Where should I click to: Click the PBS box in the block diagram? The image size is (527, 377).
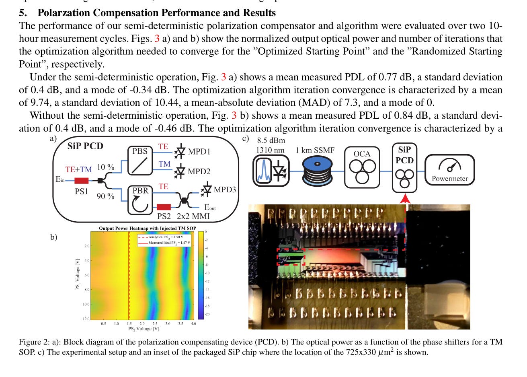click(140, 161)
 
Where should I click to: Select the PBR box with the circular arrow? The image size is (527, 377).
click(140, 200)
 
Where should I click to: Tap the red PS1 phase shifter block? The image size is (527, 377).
click(82, 181)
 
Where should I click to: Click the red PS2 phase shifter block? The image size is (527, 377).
click(164, 207)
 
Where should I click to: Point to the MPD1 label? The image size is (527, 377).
click(199, 152)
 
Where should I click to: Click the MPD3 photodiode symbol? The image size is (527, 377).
click(207, 189)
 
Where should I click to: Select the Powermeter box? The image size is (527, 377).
click(449, 170)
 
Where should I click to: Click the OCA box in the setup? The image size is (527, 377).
click(362, 167)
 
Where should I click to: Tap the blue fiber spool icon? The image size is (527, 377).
click(318, 171)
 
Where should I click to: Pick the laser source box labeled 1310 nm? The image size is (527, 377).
click(271, 171)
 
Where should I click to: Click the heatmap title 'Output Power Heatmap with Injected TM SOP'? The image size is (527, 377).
click(148, 228)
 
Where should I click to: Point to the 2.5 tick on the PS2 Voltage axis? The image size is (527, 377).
click(155, 323)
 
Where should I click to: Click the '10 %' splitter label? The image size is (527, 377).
click(106, 167)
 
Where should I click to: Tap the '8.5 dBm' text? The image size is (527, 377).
click(271, 140)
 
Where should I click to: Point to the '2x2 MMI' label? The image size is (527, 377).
click(193, 216)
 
